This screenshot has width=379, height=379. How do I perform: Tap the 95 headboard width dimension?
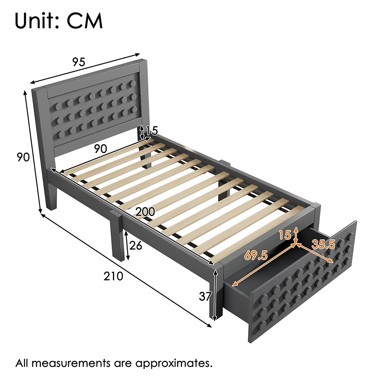(x=79, y=62)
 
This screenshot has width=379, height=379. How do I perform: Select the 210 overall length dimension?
(x=113, y=276)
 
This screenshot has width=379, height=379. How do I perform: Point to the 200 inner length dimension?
(x=145, y=212)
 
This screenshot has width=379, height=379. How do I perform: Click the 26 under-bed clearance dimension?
(x=136, y=246)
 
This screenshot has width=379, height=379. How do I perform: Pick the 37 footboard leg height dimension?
(x=205, y=296)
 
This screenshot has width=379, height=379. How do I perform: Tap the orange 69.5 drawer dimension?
(x=256, y=255)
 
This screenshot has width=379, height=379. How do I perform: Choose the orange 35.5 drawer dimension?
(x=323, y=244)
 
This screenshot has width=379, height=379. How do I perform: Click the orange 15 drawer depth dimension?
(x=285, y=235)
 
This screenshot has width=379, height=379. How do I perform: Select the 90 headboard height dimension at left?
(x=23, y=157)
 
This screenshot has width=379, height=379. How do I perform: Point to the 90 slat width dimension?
(x=100, y=149)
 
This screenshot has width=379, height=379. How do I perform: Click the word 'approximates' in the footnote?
(x=174, y=364)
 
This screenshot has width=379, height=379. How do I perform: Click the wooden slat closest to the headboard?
(x=106, y=156)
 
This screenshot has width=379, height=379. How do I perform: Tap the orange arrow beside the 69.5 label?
(x=264, y=265)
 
